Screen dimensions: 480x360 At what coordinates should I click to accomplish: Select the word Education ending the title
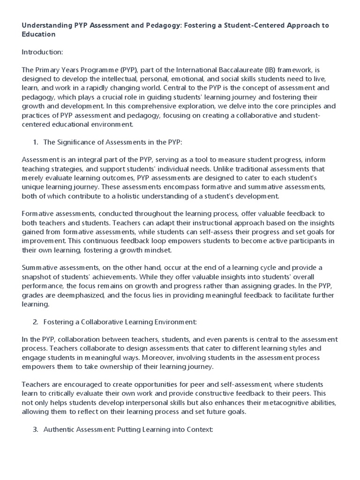(x=38, y=34)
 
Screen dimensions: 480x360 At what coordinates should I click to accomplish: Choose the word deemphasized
(x=74, y=294)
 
